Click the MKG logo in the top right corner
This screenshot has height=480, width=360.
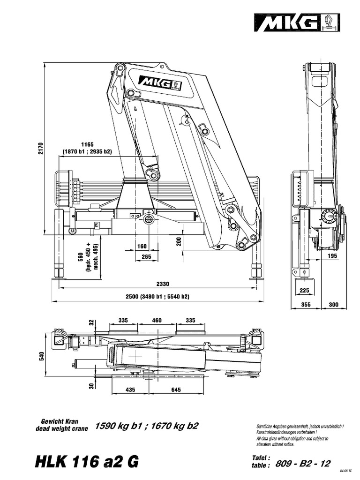point(296,22)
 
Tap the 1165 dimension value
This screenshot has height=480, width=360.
point(87,144)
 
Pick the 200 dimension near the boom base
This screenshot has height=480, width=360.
point(178,241)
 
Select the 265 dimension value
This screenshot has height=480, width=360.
point(146,256)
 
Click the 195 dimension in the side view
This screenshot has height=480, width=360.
point(332,255)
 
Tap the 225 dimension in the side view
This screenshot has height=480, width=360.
point(304,291)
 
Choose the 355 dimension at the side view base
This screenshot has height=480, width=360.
point(306,305)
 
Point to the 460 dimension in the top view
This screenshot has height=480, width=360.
point(157,320)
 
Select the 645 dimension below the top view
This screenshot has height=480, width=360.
point(176,390)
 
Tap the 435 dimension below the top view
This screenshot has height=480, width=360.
point(130,390)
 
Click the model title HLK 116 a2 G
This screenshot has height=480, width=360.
point(87,461)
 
